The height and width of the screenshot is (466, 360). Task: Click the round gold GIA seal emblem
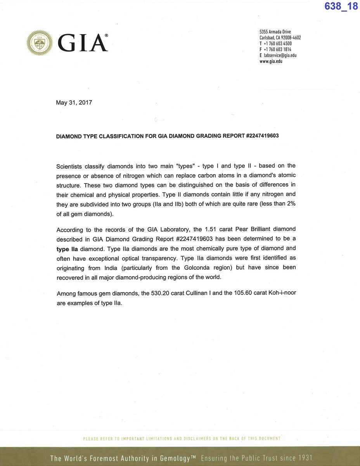coord(40,43)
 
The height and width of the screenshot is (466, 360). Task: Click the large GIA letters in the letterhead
coord(83,43)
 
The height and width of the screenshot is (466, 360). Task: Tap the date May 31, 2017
coord(74,103)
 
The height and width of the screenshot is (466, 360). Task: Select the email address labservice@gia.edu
coord(280,55)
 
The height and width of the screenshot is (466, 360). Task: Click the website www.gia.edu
coord(271,61)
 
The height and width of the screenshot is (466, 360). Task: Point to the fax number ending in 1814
coord(277,50)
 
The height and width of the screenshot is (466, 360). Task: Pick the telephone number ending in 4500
coord(277,44)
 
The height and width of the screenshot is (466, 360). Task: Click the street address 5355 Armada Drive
coord(275,32)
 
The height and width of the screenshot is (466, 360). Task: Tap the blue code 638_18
coord(341,7)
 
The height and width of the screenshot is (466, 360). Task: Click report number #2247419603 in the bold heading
coord(262,136)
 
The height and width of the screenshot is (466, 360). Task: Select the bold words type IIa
coord(67,249)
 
